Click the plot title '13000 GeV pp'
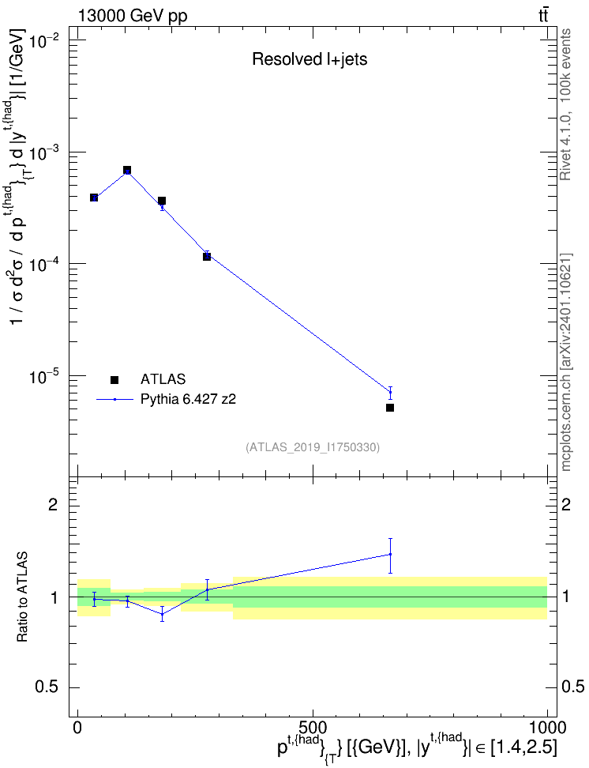click(x=132, y=16)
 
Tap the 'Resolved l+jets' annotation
click(x=310, y=59)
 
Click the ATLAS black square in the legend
click(x=114, y=379)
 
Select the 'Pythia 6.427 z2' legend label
click(x=188, y=399)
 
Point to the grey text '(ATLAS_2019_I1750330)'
click(x=313, y=446)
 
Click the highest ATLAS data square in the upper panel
click(x=127, y=170)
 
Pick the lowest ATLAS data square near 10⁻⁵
click(x=390, y=408)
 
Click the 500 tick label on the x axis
click(x=312, y=727)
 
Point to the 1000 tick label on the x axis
click(x=547, y=727)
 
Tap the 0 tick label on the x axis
click(x=77, y=727)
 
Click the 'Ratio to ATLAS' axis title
click(x=22, y=597)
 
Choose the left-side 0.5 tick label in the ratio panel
click(x=48, y=687)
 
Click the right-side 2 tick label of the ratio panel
click(x=566, y=504)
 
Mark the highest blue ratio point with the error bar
click(x=390, y=555)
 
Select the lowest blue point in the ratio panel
click(x=162, y=614)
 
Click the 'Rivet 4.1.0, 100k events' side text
click(x=566, y=104)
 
